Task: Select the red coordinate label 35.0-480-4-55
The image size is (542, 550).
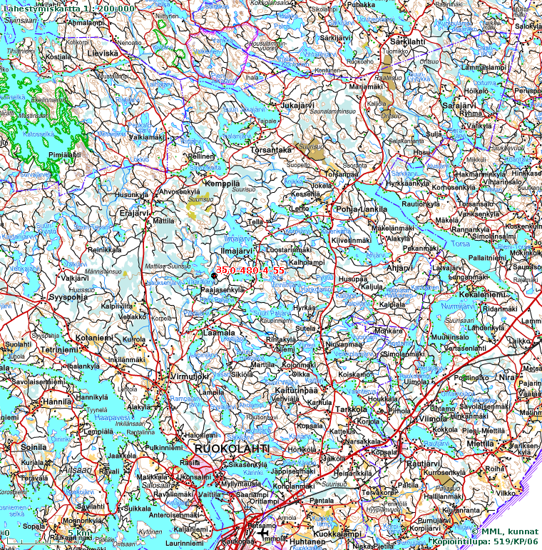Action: pyautogui.click(x=250, y=271)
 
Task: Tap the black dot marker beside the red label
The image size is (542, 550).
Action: pyautogui.click(x=214, y=276)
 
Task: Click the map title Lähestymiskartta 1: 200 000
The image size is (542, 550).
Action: pyautogui.click(x=68, y=8)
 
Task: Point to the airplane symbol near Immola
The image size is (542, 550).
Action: pyautogui.click(x=263, y=534)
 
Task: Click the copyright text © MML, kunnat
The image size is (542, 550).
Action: pyautogui.click(x=504, y=531)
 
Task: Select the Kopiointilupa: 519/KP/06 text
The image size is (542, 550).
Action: pyautogui.click(x=485, y=542)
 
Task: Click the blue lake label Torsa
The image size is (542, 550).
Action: pyautogui.click(x=461, y=244)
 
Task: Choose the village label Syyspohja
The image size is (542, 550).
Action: pyautogui.click(x=68, y=296)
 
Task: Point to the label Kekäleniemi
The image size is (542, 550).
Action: pyautogui.click(x=482, y=294)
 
